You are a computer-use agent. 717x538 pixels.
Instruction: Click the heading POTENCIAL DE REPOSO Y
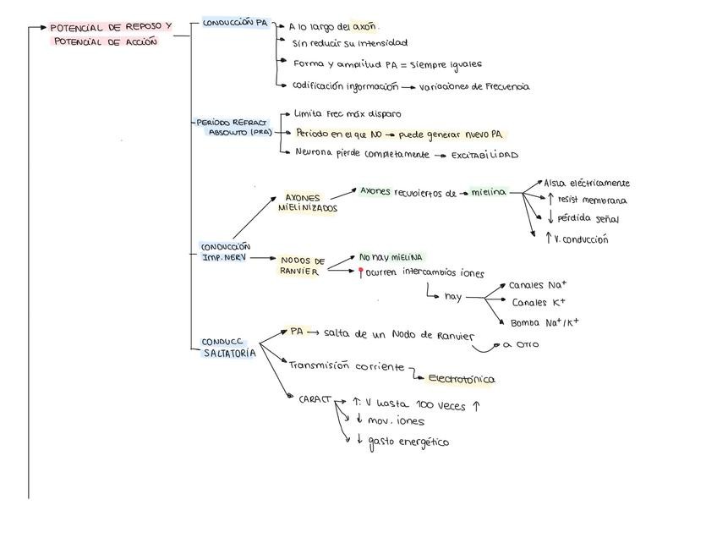(x=110, y=27)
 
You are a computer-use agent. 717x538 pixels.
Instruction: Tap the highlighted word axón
(x=364, y=26)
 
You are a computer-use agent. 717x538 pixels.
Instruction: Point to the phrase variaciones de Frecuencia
(x=474, y=86)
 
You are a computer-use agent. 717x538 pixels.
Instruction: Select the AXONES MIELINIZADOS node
(x=307, y=203)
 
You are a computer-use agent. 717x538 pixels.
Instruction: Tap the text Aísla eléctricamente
(x=586, y=183)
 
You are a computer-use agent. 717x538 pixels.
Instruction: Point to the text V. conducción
(x=581, y=239)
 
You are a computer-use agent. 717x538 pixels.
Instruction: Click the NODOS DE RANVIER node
(x=302, y=266)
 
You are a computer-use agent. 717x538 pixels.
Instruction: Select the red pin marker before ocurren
(x=361, y=273)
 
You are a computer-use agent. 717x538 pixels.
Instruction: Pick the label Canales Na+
(x=538, y=285)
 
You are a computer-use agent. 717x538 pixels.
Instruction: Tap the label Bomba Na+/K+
(x=544, y=322)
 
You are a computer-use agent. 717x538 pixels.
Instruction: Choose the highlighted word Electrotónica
(x=461, y=379)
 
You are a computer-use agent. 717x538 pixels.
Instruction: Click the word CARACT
(x=314, y=398)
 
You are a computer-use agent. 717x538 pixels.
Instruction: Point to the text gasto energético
(x=408, y=442)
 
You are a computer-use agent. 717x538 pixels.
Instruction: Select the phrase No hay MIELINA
(x=391, y=256)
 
